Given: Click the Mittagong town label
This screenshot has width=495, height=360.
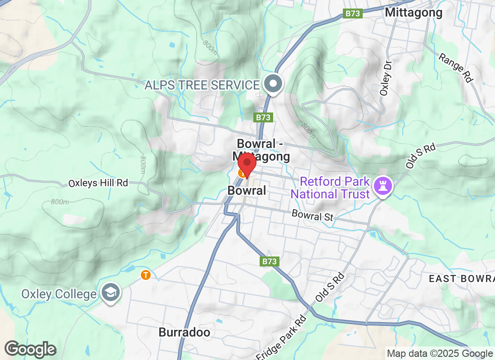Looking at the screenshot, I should click(414, 13).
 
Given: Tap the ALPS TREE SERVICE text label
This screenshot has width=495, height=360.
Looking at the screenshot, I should click(202, 85).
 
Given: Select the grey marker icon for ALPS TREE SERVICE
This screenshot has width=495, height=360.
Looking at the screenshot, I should click(273, 84).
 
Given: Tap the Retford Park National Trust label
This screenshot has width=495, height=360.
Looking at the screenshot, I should click(335, 188).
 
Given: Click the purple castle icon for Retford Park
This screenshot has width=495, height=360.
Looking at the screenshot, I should click(384, 185).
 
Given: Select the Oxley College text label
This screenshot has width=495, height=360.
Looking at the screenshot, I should click(59, 294).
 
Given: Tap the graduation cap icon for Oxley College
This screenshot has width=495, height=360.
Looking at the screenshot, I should click(110, 292).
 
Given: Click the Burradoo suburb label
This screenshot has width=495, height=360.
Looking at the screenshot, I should click(184, 333).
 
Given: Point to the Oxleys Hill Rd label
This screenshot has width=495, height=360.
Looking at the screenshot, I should click(98, 183).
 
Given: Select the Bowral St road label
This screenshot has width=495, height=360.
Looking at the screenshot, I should click(312, 215).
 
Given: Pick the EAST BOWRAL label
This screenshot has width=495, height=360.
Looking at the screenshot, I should click(461, 279).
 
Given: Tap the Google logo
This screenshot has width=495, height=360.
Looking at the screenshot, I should click(31, 349).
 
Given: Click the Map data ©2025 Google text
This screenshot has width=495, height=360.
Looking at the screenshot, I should click(440, 354).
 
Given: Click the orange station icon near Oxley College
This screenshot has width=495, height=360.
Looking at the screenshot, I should click(145, 274).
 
